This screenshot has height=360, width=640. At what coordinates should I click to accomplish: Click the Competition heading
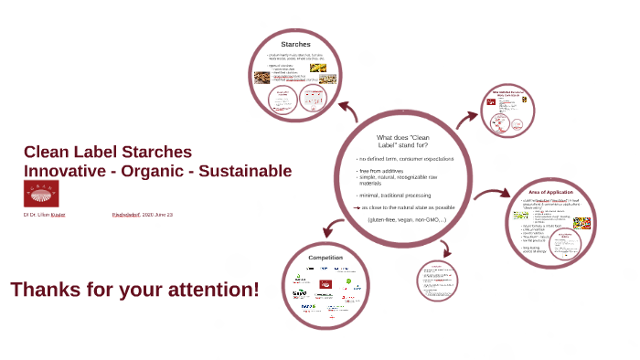point(325,258)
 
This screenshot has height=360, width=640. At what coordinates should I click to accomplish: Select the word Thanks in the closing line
point(45,290)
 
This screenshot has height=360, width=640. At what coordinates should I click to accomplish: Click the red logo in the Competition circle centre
point(325,282)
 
